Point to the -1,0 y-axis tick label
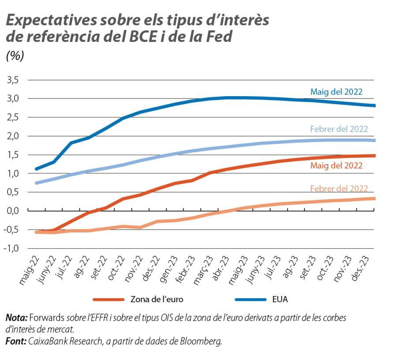11,248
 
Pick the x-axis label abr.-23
220,270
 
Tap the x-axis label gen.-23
168,270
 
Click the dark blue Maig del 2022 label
336,92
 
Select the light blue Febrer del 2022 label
339,129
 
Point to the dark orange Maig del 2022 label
336,166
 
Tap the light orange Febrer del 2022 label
339,188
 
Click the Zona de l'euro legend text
157,300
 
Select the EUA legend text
280,300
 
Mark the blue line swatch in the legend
250,300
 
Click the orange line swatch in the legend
109,300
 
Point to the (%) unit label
15,56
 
